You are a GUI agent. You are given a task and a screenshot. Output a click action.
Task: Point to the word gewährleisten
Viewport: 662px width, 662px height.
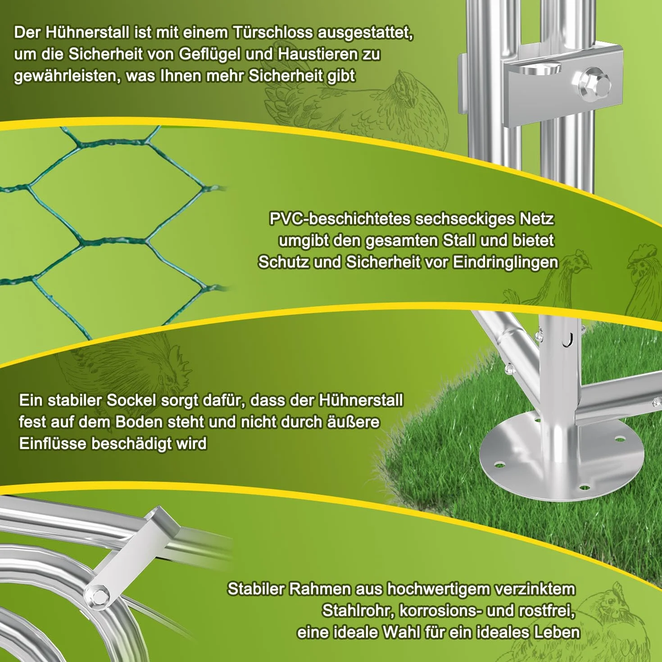point(67,76)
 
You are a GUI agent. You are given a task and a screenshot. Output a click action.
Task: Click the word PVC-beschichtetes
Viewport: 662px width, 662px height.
point(340,219)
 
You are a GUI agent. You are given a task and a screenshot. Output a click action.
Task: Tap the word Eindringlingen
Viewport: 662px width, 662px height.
point(505,263)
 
